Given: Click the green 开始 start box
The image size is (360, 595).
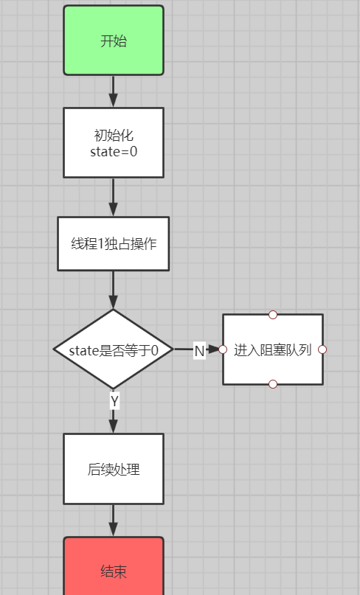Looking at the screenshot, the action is (114, 41).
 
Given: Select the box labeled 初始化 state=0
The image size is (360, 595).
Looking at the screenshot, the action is (114, 143).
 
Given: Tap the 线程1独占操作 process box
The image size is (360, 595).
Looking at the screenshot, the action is (114, 243).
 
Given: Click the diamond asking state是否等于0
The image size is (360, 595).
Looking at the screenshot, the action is (114, 349).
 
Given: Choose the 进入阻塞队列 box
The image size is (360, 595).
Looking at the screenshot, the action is (273, 349).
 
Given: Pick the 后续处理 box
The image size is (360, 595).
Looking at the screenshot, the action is (114, 469).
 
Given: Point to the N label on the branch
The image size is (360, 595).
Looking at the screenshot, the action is (199, 350).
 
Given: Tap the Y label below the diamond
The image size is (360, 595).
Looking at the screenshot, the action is (114, 401).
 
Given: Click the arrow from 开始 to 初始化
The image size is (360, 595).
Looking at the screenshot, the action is (113, 91).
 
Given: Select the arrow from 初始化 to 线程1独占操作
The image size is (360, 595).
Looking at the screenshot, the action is (113, 198).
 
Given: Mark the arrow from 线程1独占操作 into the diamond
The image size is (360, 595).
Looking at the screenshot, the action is (113, 290).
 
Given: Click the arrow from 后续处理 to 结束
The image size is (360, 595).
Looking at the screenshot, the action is (113, 521).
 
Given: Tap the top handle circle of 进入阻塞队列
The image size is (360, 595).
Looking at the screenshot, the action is (273, 315).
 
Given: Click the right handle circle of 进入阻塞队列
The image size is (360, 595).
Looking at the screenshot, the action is (322, 349).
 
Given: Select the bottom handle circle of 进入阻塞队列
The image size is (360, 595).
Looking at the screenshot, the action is (273, 384).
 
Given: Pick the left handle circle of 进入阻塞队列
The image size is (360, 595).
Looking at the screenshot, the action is (223, 349).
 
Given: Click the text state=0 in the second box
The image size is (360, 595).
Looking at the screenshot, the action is (114, 152).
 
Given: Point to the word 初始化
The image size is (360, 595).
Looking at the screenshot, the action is (114, 135).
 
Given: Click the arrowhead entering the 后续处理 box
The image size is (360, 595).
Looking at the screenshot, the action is (113, 426).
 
